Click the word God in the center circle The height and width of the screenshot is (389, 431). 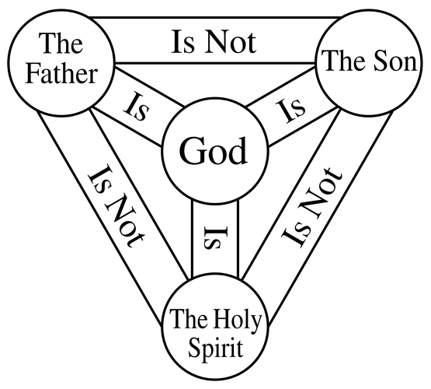(214, 151)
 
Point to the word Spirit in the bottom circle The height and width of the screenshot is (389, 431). (216, 348)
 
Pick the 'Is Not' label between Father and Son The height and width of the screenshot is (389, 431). (214, 42)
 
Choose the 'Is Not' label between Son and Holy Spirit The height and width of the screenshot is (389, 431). (312, 207)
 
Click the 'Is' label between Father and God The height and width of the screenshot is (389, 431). (136, 107)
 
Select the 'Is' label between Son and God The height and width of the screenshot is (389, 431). (291, 110)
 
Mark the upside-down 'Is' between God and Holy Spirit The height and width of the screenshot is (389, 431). (216, 237)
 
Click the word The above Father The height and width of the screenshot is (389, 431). (61, 43)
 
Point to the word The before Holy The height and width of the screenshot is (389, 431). (189, 318)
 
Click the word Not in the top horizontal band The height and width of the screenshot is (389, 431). (231, 42)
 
